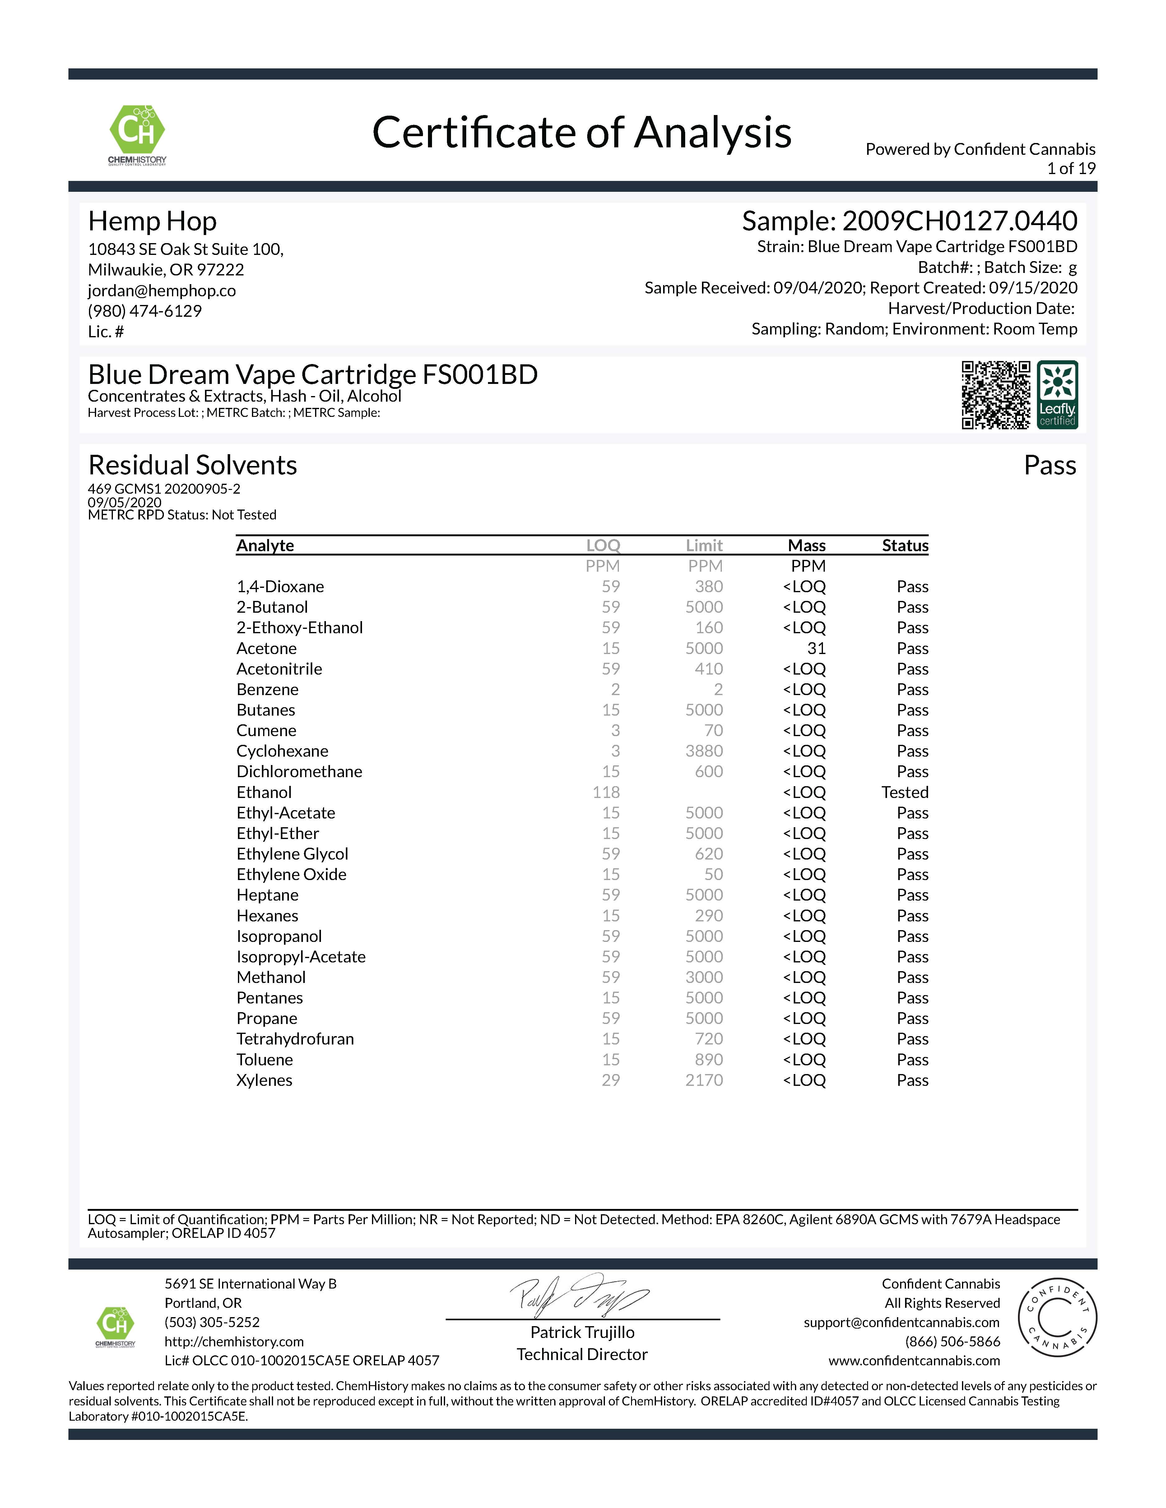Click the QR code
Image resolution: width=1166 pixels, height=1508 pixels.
click(x=995, y=395)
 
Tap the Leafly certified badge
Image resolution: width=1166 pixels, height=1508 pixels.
click(x=1057, y=395)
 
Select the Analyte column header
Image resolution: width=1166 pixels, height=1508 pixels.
click(x=265, y=546)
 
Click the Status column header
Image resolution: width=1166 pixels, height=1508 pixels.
click(x=905, y=546)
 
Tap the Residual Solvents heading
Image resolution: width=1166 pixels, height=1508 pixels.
click(x=193, y=465)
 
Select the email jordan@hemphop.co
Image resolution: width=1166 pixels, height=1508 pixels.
click(x=162, y=291)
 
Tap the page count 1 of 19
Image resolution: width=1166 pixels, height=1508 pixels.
click(x=1071, y=168)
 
